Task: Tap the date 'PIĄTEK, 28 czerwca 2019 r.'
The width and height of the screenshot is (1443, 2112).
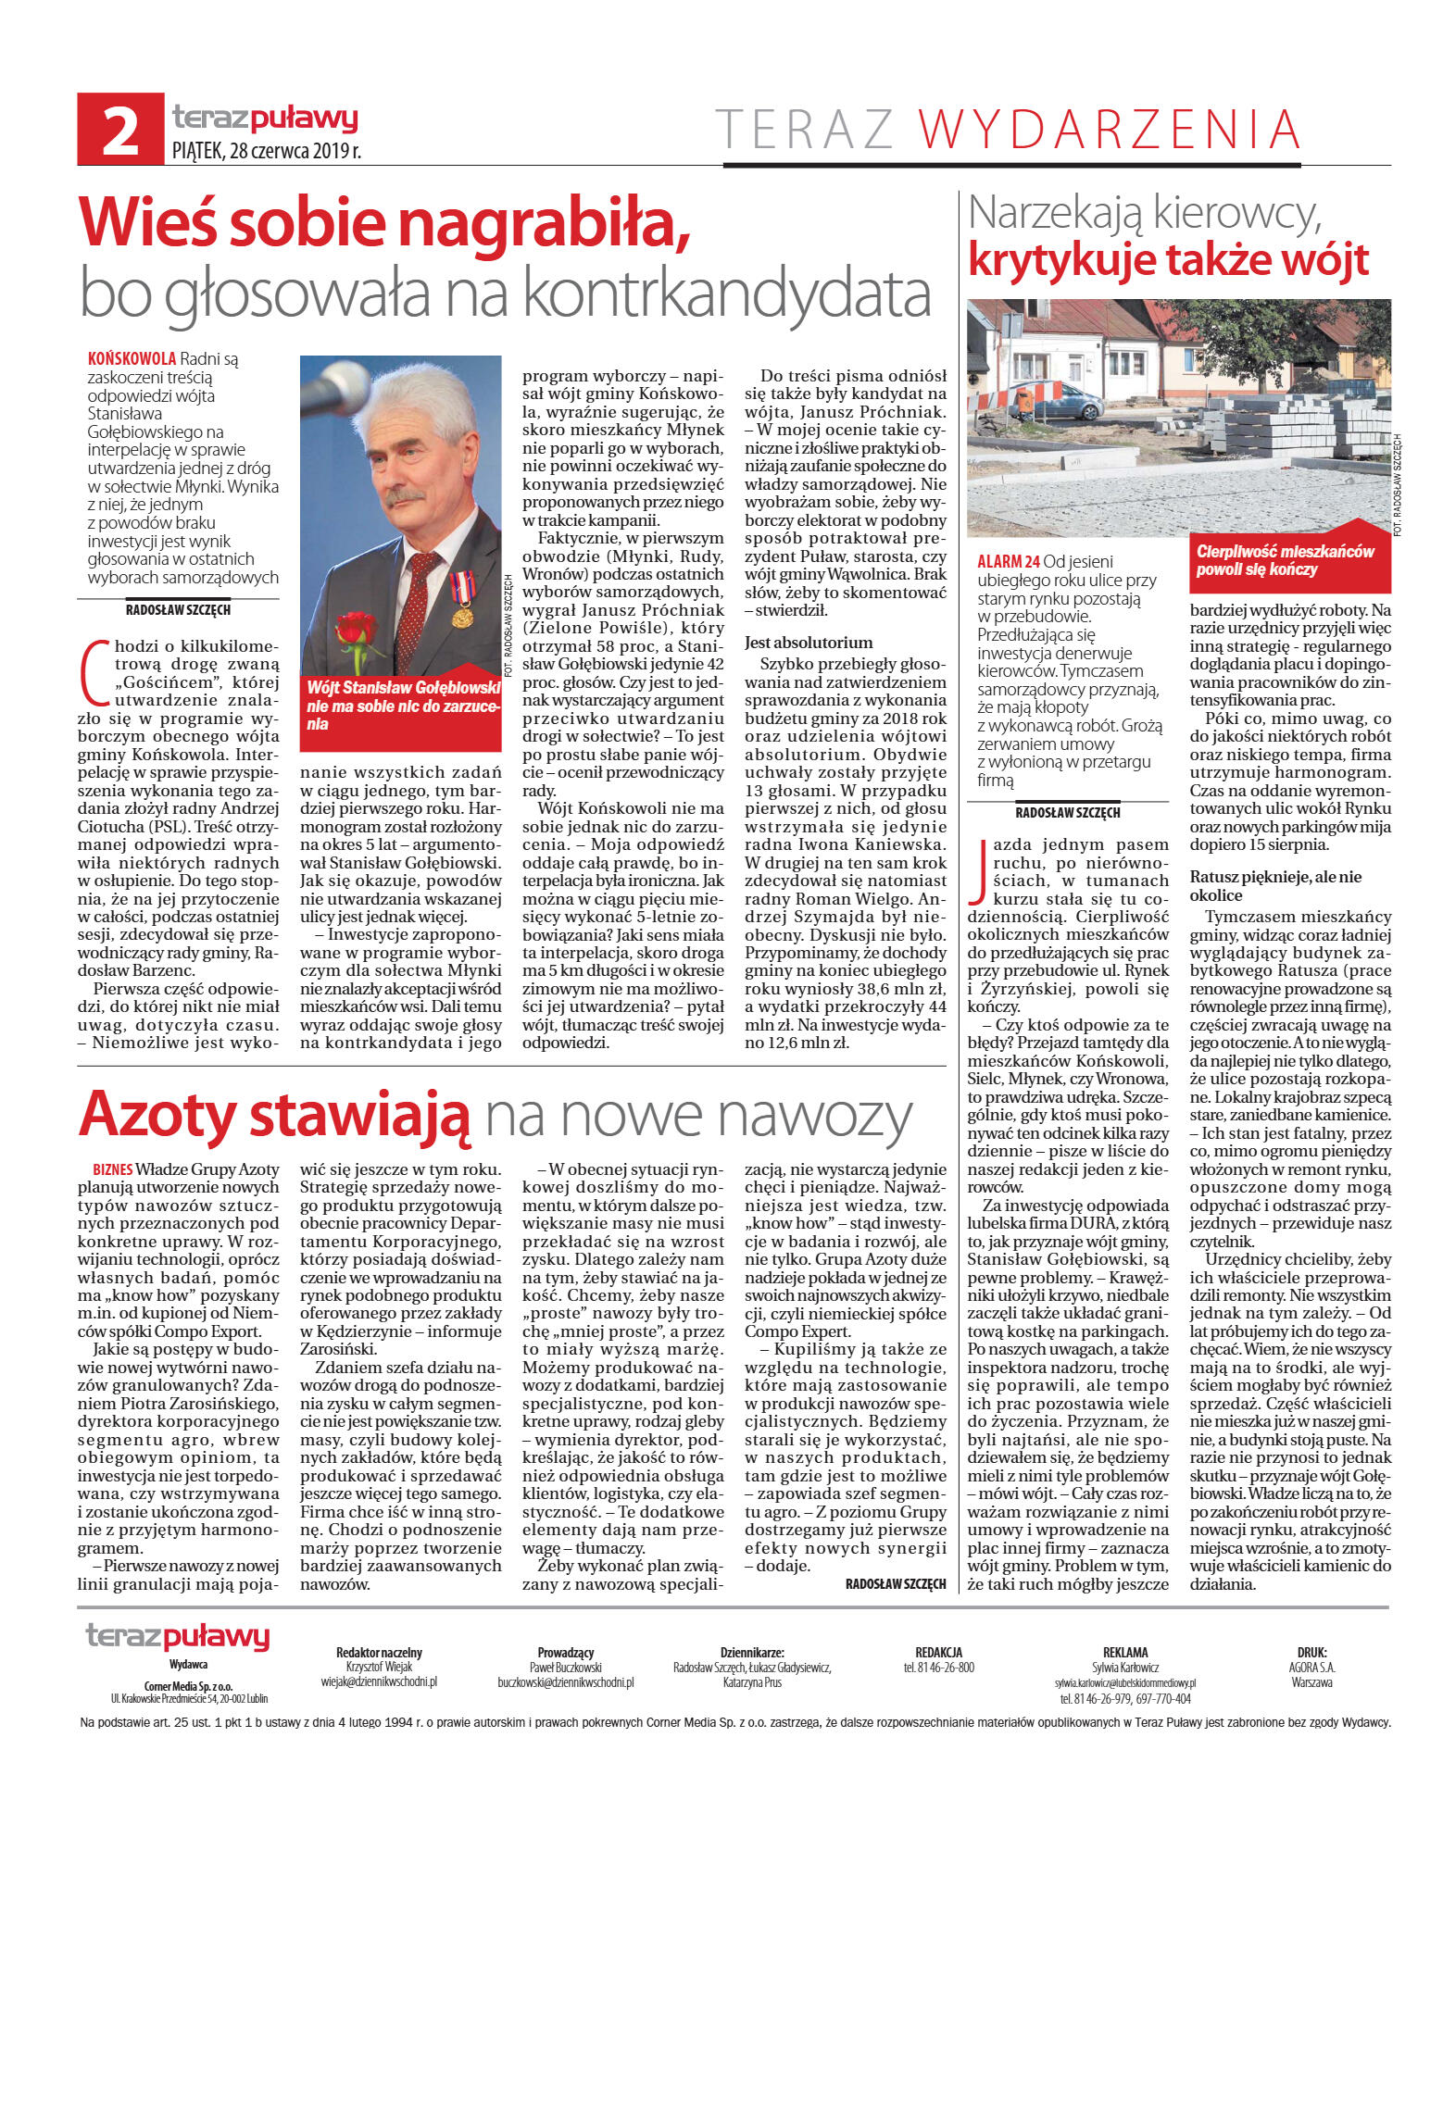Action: (x=267, y=150)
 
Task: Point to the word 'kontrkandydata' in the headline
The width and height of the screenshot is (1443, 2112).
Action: (x=727, y=294)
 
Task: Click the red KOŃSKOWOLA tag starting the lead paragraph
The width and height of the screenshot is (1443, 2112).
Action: (x=132, y=358)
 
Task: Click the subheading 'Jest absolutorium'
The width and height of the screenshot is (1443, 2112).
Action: (x=809, y=642)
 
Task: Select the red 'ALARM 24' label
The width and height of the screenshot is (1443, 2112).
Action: (x=1008, y=561)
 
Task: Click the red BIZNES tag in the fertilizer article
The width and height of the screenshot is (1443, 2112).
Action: (x=112, y=1169)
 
